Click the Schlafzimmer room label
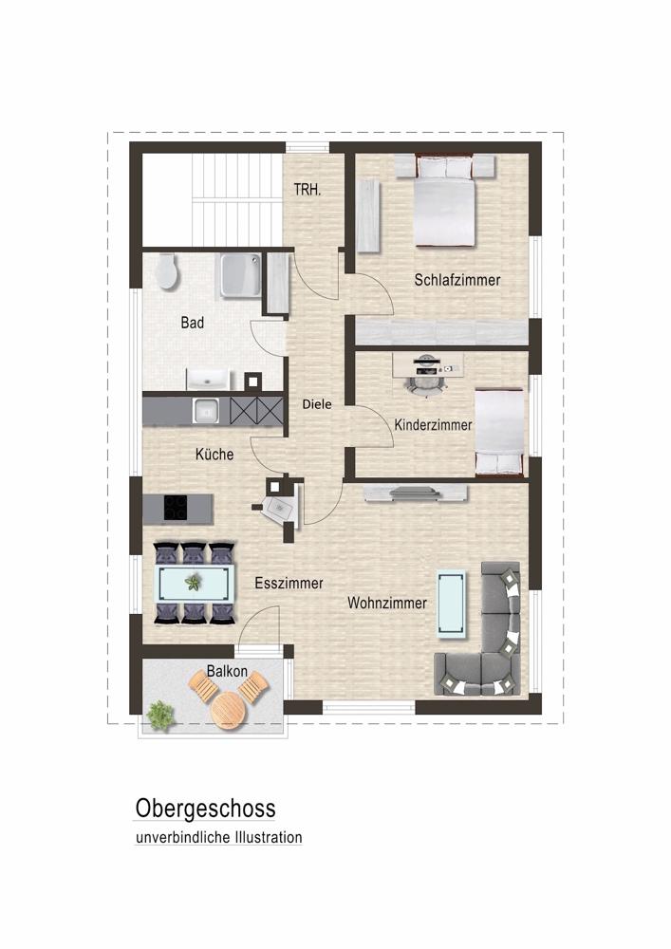point(457,280)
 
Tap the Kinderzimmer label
point(433,426)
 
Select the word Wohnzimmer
point(386,603)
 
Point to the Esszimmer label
point(289,584)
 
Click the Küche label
point(214,455)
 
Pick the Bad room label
point(193,323)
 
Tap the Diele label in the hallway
point(317,404)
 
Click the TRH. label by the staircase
point(308,190)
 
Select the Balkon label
point(227,672)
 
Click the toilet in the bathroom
point(167,271)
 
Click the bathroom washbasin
point(208,380)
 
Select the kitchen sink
point(206,410)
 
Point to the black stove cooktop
point(176,508)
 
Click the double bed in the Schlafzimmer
point(444,204)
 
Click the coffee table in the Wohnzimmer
point(451,602)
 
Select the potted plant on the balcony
point(160,714)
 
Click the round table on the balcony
point(229,709)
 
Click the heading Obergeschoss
point(206,809)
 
